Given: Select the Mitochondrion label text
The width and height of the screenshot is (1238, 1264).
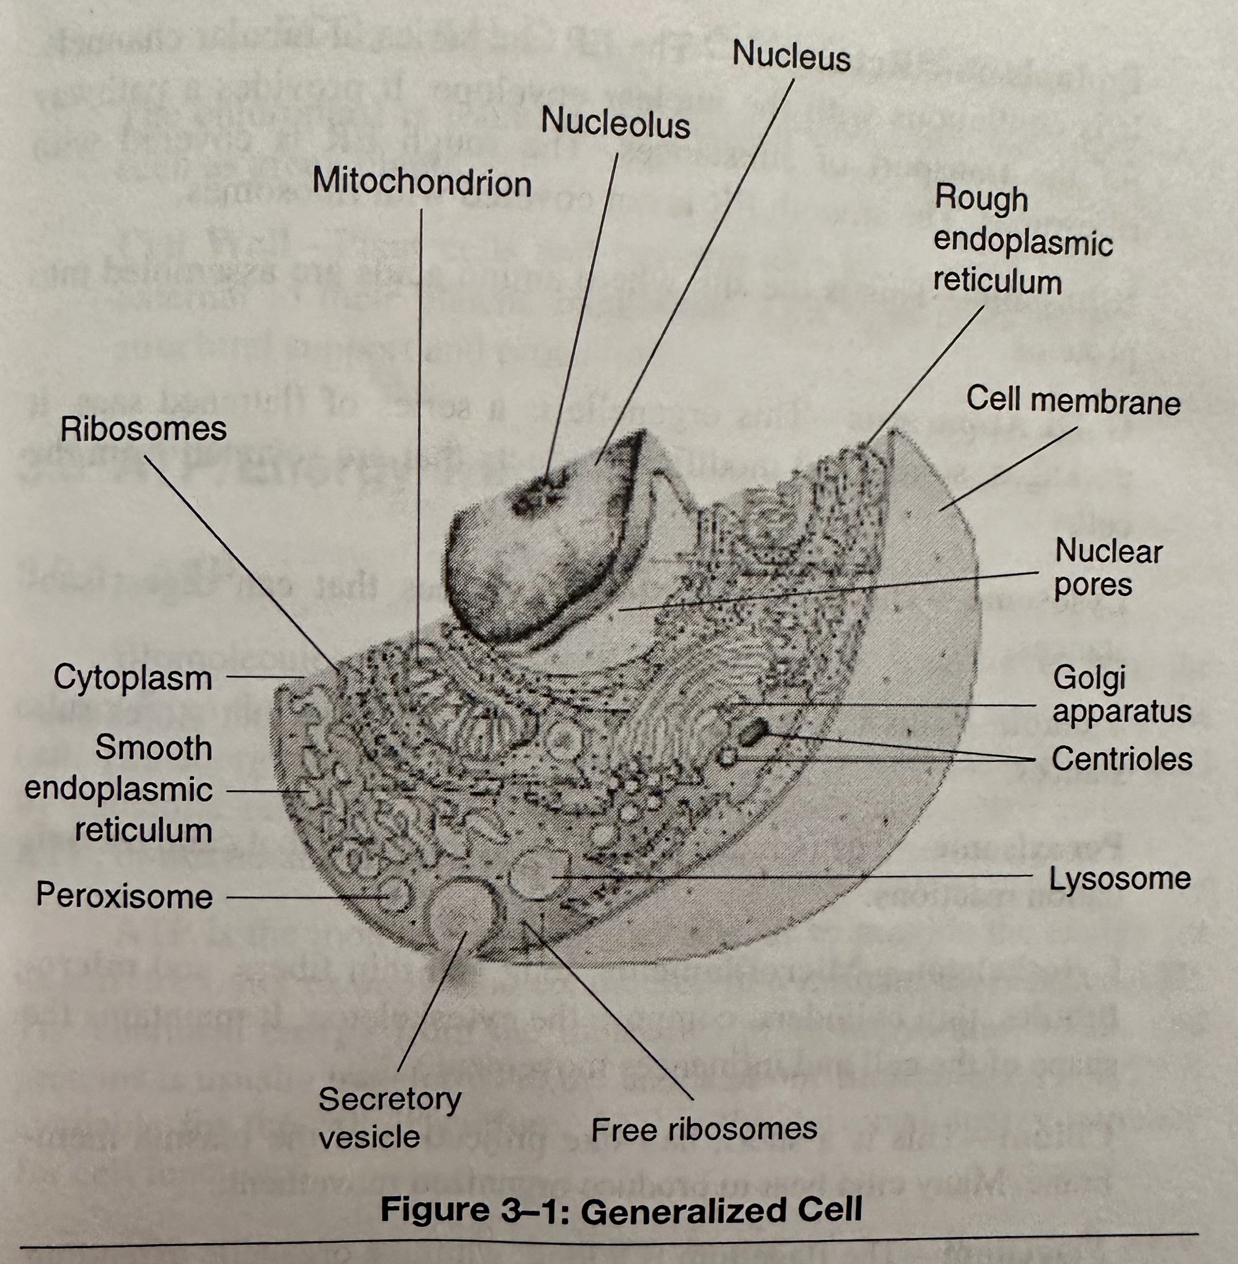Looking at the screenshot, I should pyautogui.click(x=421, y=182).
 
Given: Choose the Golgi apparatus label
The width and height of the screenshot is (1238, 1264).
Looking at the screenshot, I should pyautogui.click(x=1121, y=694).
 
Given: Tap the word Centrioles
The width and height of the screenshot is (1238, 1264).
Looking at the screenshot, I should pyautogui.click(x=1122, y=759).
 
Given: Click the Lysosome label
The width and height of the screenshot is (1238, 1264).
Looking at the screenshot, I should pyautogui.click(x=1120, y=879).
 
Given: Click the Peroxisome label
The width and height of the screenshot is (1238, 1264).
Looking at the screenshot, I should pyautogui.click(x=124, y=896).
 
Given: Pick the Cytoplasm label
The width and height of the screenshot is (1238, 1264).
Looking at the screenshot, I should pyautogui.click(x=133, y=678).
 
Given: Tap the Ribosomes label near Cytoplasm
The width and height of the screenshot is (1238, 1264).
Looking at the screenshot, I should pyautogui.click(x=143, y=429).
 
